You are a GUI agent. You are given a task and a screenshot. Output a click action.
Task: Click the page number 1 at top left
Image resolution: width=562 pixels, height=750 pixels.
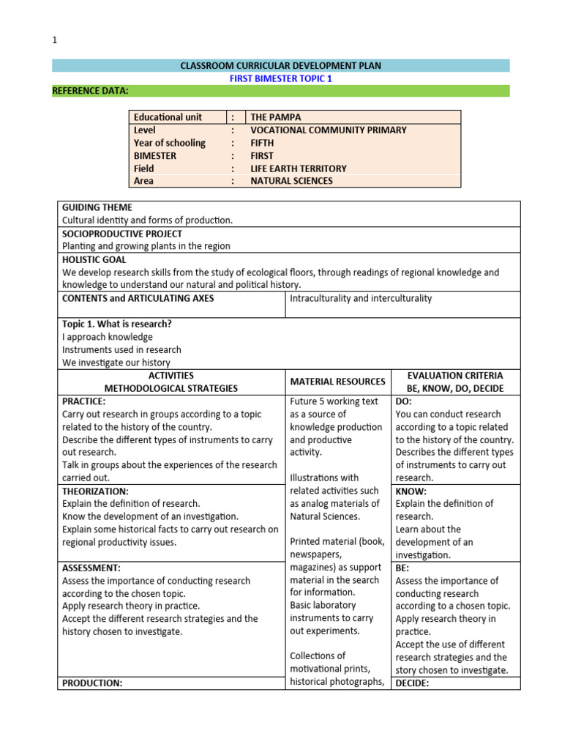(54, 41)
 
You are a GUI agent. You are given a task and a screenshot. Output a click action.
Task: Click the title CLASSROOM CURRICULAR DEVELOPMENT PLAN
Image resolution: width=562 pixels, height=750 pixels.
(281, 66)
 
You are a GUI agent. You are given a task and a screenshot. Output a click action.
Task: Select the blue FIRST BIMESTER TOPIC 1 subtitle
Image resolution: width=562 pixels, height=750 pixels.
(281, 78)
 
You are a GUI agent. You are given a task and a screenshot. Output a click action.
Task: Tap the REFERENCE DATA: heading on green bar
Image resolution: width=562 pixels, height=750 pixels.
(90, 91)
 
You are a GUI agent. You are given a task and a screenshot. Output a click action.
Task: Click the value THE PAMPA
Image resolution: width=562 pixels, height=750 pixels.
(275, 117)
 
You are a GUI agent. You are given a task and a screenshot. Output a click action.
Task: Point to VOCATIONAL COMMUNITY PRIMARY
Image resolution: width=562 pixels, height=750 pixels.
(328, 130)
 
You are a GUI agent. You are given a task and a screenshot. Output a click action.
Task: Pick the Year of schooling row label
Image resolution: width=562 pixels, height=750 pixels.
(169, 143)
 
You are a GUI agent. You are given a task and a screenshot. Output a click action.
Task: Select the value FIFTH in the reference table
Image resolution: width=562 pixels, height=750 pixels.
(262, 143)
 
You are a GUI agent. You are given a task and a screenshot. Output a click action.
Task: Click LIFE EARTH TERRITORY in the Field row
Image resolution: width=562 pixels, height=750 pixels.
(298, 168)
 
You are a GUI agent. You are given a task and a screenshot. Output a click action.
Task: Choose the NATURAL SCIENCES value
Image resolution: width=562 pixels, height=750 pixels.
(291, 181)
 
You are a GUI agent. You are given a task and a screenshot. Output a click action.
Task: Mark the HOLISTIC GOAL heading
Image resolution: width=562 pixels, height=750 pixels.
(94, 259)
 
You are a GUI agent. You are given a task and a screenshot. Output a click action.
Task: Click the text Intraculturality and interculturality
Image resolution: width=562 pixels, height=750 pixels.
(361, 298)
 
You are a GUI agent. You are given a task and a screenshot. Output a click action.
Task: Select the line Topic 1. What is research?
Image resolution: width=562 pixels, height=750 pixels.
(116, 324)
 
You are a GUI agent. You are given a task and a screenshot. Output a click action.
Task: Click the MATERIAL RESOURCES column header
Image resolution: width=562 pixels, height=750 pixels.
(337, 382)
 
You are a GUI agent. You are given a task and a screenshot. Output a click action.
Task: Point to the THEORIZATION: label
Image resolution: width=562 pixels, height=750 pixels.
(95, 491)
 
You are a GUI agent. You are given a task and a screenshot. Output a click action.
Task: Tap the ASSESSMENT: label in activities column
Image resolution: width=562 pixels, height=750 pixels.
(91, 568)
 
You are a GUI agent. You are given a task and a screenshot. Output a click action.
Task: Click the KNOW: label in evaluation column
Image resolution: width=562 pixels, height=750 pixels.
(411, 491)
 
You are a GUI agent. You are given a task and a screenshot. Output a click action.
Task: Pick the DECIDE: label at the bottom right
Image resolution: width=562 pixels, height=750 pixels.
(413, 683)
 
